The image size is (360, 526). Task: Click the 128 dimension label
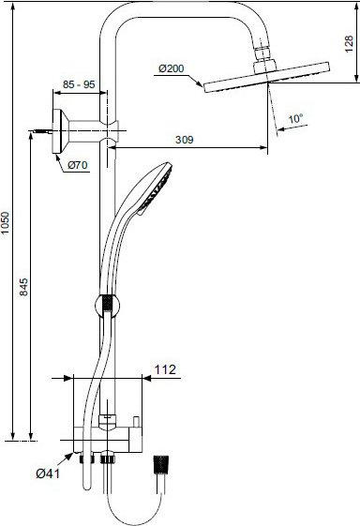pyautogui.click(x=350, y=43)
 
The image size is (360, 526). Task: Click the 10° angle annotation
pyautogui.click(x=295, y=119)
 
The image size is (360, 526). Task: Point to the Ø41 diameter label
pyautogui.click(x=50, y=473)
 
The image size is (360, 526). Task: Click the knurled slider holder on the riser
pyautogui.click(x=106, y=304)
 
